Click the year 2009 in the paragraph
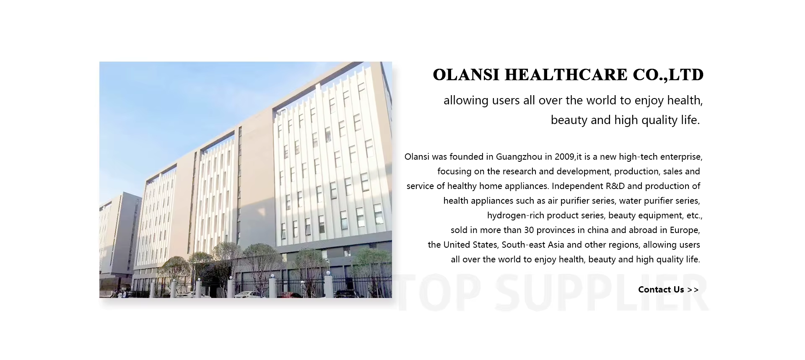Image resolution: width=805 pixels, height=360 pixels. [x=565, y=157]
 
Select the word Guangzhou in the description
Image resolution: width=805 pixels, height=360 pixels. [x=519, y=157]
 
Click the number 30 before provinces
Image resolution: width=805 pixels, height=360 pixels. [x=529, y=230]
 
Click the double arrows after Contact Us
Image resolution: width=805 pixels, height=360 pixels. [x=693, y=290]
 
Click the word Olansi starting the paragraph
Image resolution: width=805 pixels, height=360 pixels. [x=417, y=157]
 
